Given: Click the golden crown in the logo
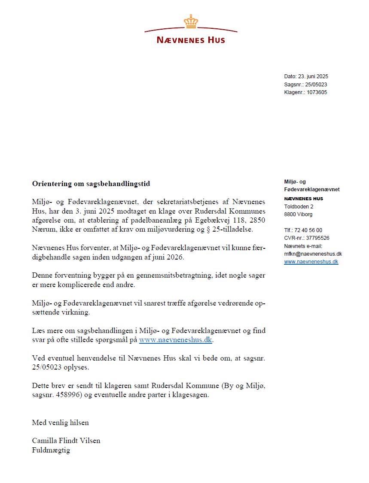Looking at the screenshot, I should pyautogui.click(x=190, y=21).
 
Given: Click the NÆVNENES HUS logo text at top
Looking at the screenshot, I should pyautogui.click(x=191, y=40).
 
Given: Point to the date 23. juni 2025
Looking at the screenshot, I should pyautogui.click(x=313, y=76).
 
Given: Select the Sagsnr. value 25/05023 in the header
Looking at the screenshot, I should pyautogui.click(x=317, y=85).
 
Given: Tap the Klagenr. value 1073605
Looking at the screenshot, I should pyautogui.click(x=317, y=92).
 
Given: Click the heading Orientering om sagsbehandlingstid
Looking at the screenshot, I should pyautogui.click(x=91, y=183).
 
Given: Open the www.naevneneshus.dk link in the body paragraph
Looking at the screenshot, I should pyautogui.click(x=176, y=340).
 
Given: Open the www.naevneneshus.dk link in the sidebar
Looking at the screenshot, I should pyautogui.click(x=311, y=262).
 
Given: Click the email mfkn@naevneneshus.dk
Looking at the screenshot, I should pyautogui.click(x=313, y=254).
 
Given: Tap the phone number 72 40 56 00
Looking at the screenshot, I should pyautogui.click(x=308, y=230).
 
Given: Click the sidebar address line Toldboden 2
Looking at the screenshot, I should pyautogui.click(x=299, y=207).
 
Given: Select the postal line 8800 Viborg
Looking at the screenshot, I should pyautogui.click(x=298, y=214).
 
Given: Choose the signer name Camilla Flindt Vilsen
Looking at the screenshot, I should pyautogui.click(x=66, y=441).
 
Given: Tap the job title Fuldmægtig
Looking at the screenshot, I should pyautogui.click(x=51, y=450).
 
